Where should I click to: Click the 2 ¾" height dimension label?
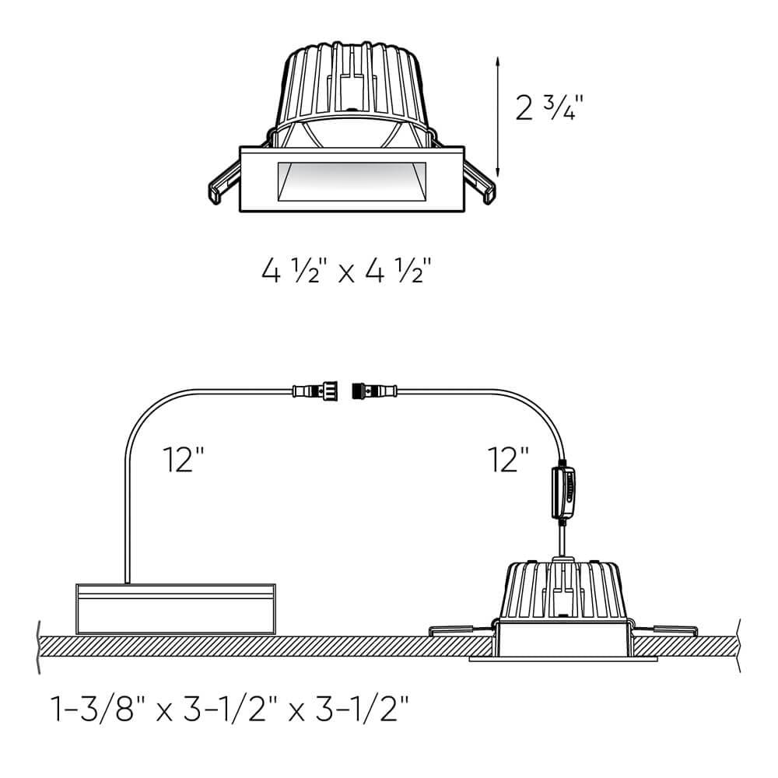point(549,107)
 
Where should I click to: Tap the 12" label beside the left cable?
point(184,460)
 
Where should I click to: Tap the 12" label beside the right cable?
point(510,460)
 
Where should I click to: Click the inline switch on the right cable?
point(566,492)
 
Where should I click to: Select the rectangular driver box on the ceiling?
point(175,607)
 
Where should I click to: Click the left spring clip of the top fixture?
point(223,184)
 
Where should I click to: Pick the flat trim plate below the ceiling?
point(563,658)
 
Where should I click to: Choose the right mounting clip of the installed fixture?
point(669,628)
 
